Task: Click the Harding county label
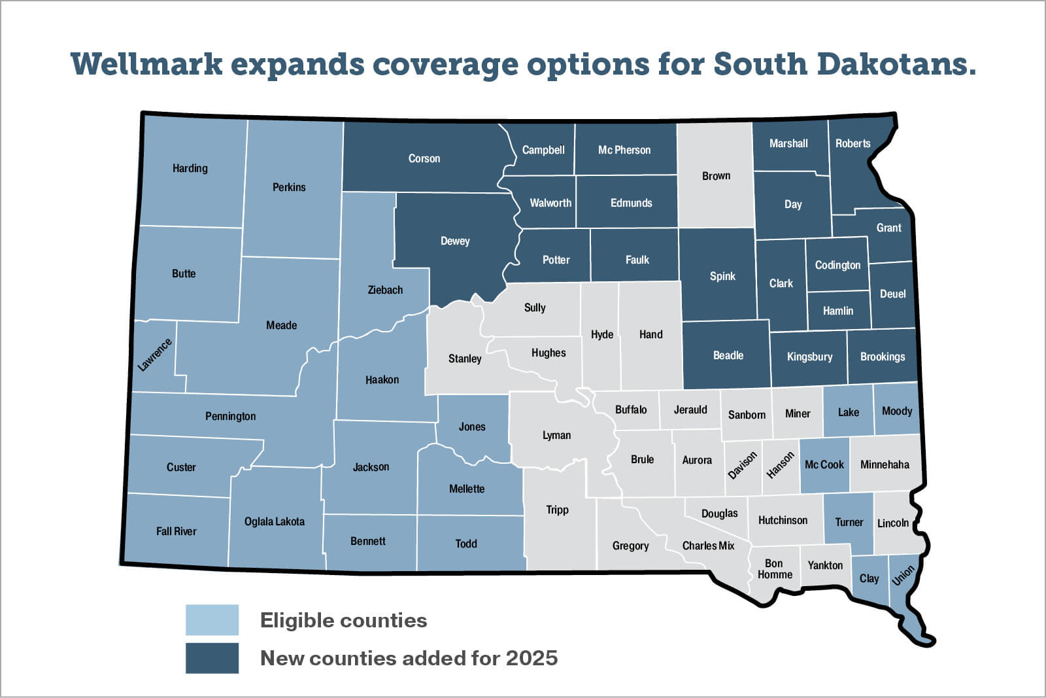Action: [190, 168]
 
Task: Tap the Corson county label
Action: [424, 158]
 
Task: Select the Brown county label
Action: [716, 176]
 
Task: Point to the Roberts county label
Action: [852, 143]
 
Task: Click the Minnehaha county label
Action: [885, 464]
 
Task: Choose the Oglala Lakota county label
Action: [275, 521]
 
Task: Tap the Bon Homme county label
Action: [775, 569]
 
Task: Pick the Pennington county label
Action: [230, 416]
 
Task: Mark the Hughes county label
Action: [548, 353]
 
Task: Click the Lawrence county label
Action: [155, 355]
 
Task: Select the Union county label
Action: [903, 575]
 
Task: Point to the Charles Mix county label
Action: [708, 546]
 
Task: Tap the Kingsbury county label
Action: [809, 357]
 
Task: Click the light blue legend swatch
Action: [212, 620]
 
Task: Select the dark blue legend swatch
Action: [212, 658]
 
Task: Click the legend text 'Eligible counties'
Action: [343, 620]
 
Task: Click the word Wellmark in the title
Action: [146, 64]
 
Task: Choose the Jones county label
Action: [472, 427]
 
